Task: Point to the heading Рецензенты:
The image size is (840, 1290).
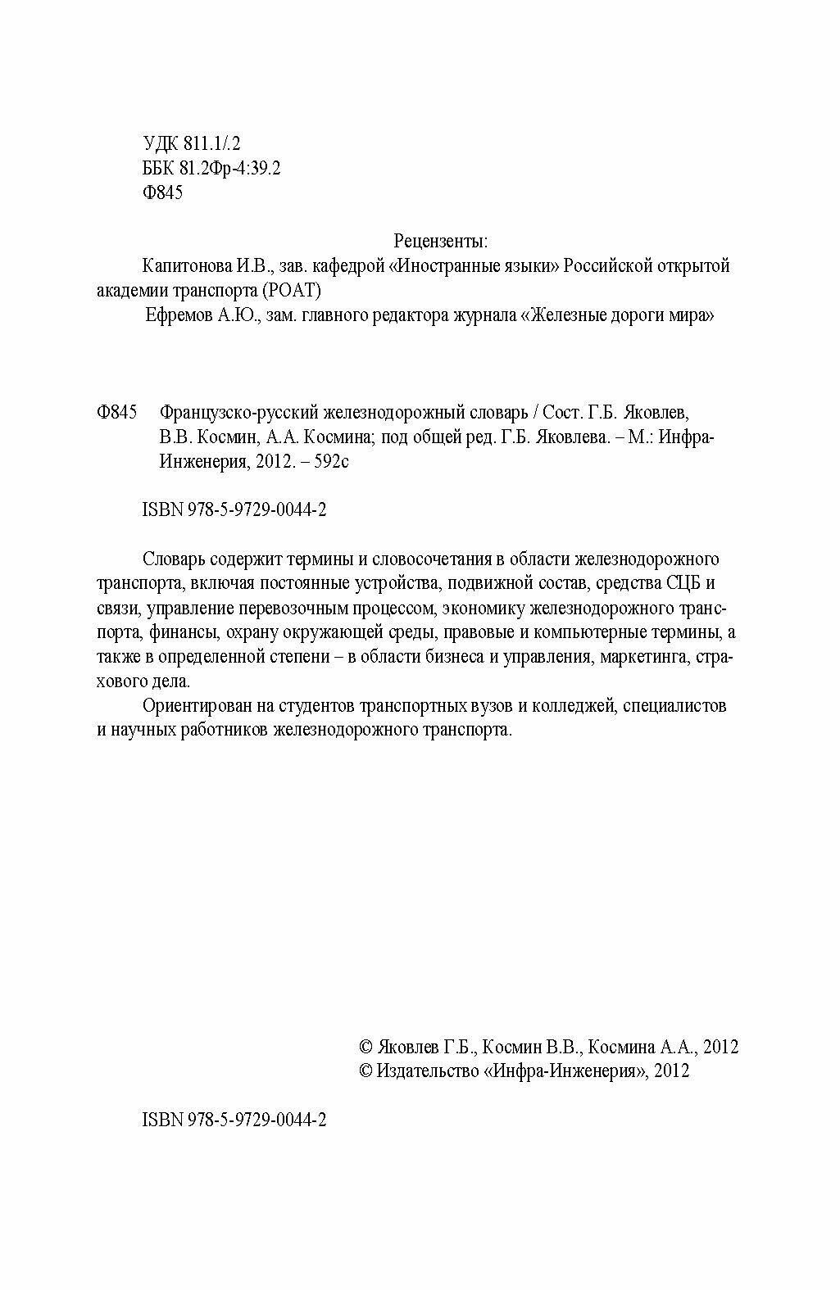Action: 441,242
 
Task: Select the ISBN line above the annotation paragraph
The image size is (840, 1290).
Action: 235,510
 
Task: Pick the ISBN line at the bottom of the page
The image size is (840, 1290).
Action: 235,1120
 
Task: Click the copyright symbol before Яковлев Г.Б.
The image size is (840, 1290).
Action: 366,1048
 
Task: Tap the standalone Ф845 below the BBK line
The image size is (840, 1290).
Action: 162,193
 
